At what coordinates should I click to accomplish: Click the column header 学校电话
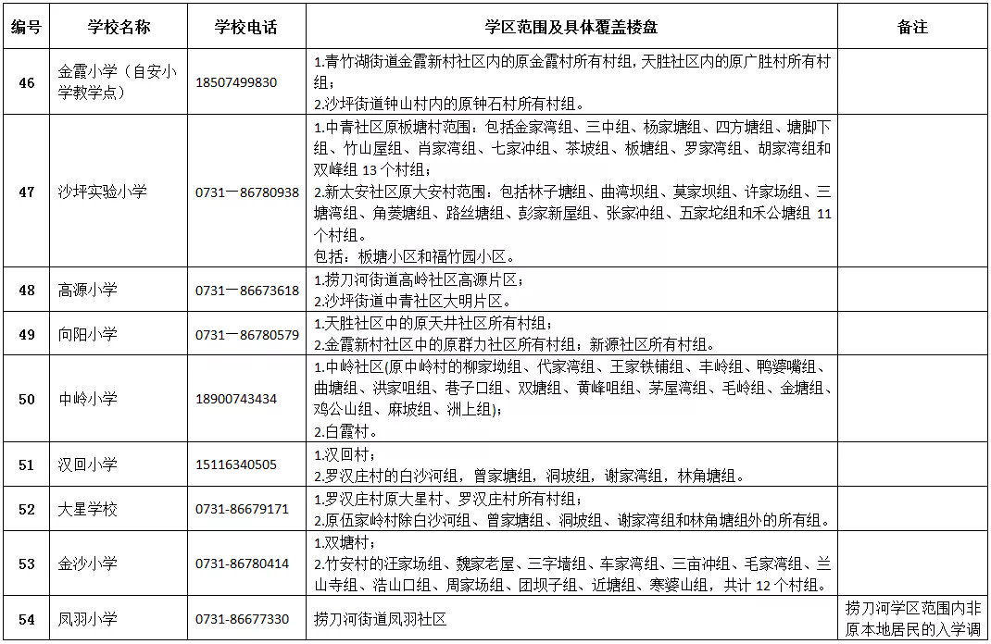pos(246,27)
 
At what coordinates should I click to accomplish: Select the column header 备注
pos(912,27)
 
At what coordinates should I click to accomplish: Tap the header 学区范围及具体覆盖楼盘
pos(572,27)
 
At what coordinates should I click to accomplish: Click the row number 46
pos(27,82)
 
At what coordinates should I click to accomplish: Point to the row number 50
pos(27,399)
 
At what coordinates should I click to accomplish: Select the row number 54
pos(27,619)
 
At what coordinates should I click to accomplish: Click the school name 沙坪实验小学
pos(103,192)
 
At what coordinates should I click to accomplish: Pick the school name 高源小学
pos(88,290)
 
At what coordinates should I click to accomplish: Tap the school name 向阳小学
pos(88,334)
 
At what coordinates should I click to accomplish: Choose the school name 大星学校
pos(88,509)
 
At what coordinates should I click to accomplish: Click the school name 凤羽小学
pos(88,619)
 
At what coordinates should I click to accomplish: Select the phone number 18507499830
pos(236,82)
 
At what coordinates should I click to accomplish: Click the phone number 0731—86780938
pos(247,192)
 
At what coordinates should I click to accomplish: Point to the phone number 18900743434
pos(236,399)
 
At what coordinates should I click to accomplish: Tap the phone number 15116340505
pos(236,464)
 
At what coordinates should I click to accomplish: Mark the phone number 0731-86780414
pos(243,563)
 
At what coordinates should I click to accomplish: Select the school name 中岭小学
pos(88,399)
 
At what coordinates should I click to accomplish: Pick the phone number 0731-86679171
pos(243,509)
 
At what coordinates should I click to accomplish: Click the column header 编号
pos(27,27)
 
